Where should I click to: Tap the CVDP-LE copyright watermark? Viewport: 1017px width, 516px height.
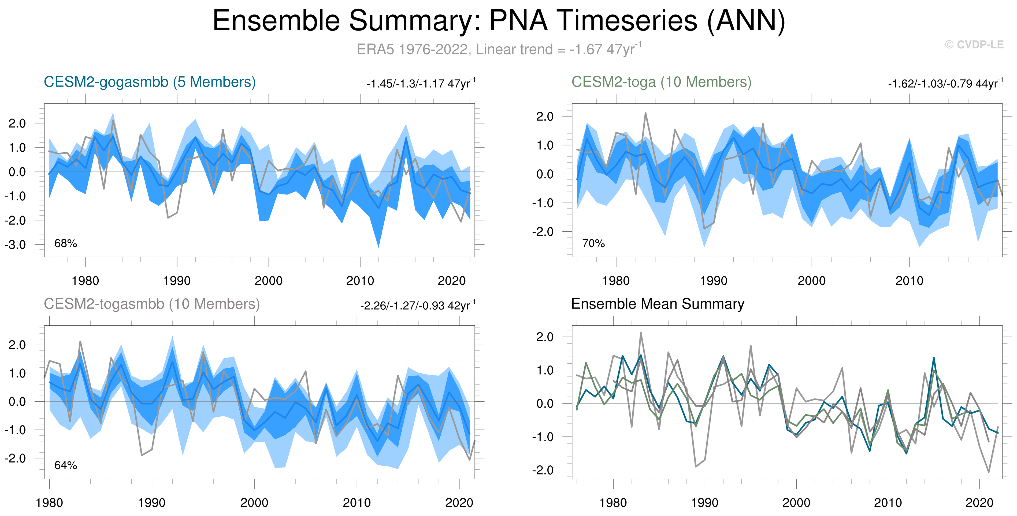tap(974, 44)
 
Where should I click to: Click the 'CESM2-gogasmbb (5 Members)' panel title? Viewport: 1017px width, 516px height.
tap(150, 82)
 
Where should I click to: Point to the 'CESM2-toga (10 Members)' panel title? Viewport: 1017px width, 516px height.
tap(661, 82)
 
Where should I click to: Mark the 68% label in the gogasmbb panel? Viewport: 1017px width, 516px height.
tap(65, 243)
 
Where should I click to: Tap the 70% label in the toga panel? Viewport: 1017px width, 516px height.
tap(593, 243)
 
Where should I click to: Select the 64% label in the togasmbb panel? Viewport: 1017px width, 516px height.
tap(65, 465)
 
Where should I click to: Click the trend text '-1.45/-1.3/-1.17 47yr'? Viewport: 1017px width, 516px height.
tap(421, 84)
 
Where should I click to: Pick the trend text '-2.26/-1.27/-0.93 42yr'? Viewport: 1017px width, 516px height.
tap(418, 306)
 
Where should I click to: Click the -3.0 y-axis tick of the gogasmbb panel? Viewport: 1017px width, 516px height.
tap(15, 245)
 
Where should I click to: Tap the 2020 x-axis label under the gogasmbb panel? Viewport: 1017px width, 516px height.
tap(452, 281)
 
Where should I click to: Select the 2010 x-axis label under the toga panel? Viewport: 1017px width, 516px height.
tap(909, 281)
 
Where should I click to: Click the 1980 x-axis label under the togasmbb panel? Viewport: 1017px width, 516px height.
tap(49, 503)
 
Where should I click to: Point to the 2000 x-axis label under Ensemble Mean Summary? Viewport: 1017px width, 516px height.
tap(796, 503)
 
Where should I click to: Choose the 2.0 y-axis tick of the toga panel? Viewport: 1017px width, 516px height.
tap(545, 116)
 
